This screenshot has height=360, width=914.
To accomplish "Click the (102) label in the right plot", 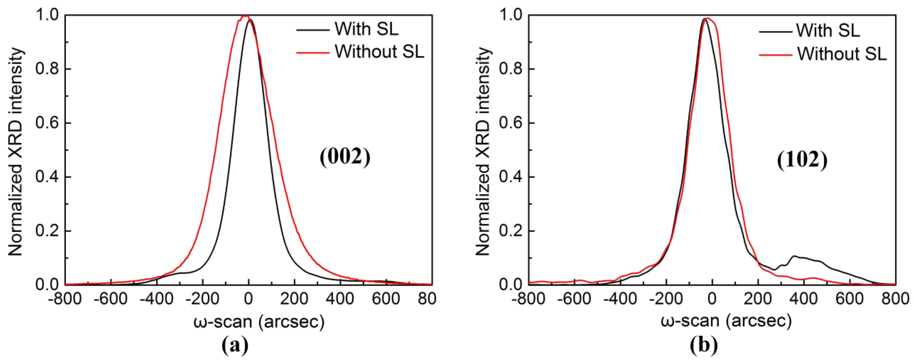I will pyautogui.click(x=802, y=160).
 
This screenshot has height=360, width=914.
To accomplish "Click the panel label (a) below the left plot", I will pyautogui.click(x=235, y=346).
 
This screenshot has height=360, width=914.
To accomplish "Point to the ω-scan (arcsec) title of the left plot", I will pyautogui.click(x=259, y=321).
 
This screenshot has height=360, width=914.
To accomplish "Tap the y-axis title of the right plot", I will pyautogui.click(x=483, y=151).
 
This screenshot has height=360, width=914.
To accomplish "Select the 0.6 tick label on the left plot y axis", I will pyautogui.click(x=47, y=123).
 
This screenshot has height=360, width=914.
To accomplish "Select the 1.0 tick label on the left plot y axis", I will pyautogui.click(x=47, y=15).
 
